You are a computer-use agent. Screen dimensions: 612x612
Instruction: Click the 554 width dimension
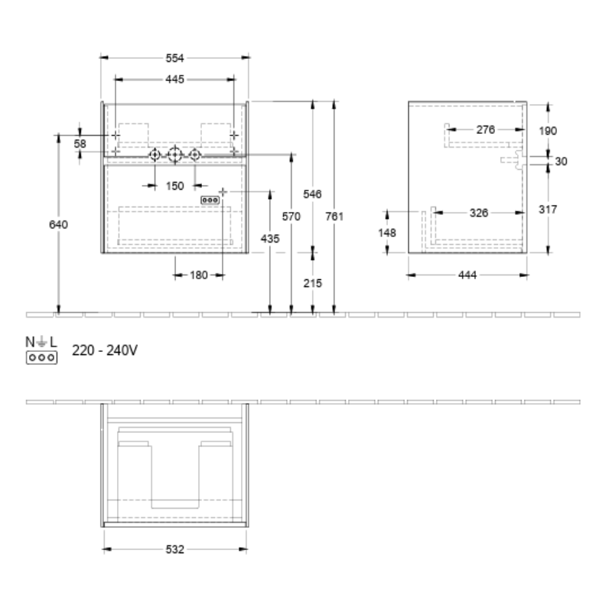click(174, 58)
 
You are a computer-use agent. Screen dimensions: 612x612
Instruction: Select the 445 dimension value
click(174, 80)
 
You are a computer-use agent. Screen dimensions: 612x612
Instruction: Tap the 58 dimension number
click(80, 144)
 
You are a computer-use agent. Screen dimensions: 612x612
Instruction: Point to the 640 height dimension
click(58, 224)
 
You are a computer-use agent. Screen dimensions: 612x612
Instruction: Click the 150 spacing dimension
click(174, 186)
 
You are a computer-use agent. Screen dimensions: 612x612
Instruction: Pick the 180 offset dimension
click(199, 275)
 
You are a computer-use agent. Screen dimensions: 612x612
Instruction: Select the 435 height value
click(270, 239)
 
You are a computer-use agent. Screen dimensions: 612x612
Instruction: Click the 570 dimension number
click(291, 216)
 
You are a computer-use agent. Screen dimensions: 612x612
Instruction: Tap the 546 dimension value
click(312, 194)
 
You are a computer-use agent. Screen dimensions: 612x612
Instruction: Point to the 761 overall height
click(334, 216)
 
